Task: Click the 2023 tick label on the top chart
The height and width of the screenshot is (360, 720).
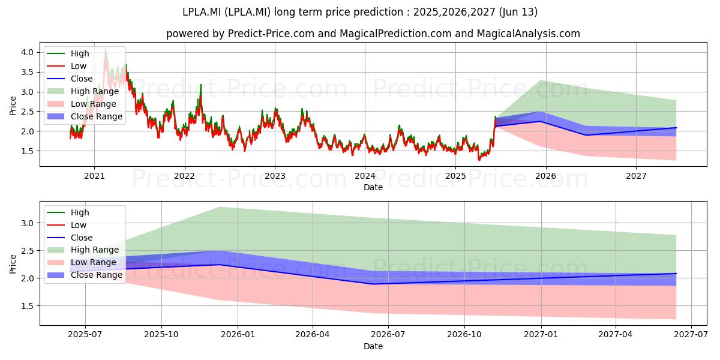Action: point(275,176)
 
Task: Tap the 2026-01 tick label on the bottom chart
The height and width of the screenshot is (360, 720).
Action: point(238,335)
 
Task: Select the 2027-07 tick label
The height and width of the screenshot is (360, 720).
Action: point(691,335)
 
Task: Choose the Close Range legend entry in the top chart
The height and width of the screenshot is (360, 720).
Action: point(85,116)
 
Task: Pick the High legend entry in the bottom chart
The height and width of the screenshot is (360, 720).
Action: point(68,212)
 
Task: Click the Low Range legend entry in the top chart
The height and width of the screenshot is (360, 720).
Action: point(82,104)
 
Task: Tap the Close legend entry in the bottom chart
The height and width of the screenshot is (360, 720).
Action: point(70,238)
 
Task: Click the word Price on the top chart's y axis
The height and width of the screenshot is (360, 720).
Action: point(13,106)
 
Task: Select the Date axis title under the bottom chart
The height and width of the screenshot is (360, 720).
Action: point(373,346)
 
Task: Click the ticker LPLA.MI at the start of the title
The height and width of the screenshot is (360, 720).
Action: point(202,12)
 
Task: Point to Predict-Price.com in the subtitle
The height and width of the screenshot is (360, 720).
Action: point(271,34)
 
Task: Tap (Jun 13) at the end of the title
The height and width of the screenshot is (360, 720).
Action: point(518,12)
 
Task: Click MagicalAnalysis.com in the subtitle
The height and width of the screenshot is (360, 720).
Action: point(529,34)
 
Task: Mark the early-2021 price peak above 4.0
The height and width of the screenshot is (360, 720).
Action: point(106,48)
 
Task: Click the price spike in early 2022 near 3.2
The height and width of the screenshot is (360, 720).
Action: point(201,85)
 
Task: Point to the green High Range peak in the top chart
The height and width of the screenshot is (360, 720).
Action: point(541,80)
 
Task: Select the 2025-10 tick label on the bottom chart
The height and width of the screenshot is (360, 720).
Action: point(161,335)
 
